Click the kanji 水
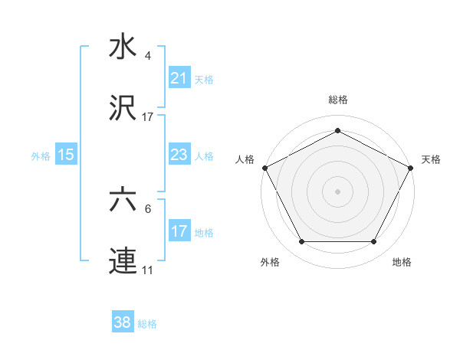click(x=123, y=47)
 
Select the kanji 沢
click(x=123, y=109)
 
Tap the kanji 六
click(x=123, y=201)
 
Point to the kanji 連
click(x=123, y=261)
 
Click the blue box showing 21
click(x=179, y=78)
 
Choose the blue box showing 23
click(x=179, y=155)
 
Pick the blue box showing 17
click(x=179, y=231)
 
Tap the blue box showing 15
click(x=66, y=155)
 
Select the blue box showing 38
click(x=123, y=322)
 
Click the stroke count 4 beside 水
click(x=148, y=56)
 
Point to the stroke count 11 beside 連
click(x=148, y=270)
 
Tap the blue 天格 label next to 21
click(x=204, y=79)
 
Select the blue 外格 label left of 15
click(x=41, y=155)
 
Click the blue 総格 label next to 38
click(x=147, y=324)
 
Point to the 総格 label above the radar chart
click(x=337, y=100)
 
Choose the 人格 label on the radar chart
click(x=245, y=159)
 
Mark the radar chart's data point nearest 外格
click(x=301, y=242)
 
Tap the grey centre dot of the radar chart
click(x=337, y=191)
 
